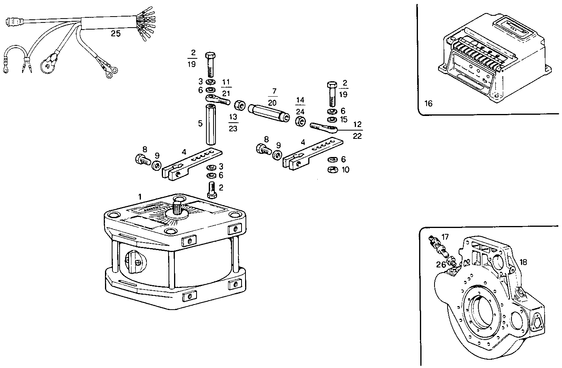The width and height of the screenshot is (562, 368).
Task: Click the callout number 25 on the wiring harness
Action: (115, 34)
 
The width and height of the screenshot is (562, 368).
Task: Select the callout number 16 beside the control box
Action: (428, 104)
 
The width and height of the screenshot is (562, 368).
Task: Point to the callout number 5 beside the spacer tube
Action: (200, 123)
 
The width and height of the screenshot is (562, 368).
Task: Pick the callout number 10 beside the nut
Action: (345, 170)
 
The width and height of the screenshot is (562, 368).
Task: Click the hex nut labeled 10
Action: (332, 170)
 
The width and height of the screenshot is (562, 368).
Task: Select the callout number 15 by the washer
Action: (343, 119)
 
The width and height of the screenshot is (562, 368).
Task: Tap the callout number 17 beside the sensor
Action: (445, 237)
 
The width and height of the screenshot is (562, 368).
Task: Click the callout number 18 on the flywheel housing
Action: (523, 262)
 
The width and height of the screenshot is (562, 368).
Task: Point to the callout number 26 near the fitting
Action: (441, 265)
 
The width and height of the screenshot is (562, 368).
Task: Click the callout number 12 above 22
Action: (358, 125)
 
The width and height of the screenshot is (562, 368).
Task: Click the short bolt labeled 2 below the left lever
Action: (212, 191)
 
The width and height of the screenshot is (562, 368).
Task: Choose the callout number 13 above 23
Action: (233, 117)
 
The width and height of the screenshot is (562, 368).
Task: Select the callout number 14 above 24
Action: (300, 100)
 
